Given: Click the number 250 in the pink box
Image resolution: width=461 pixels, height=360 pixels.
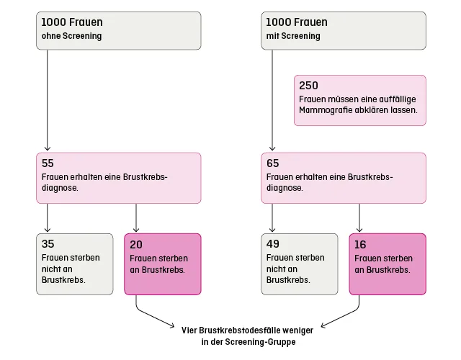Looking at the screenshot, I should tap(308, 86).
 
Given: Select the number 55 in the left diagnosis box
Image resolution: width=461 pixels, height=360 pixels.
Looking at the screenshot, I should tap(48, 163).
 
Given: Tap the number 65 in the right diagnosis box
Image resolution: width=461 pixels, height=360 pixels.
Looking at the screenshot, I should tap(272, 163).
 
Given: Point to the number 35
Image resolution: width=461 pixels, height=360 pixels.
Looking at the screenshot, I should tap(48, 244).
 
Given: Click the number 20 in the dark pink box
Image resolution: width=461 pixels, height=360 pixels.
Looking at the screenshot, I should tap(135, 244).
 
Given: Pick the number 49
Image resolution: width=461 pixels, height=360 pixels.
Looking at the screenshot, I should tap(272, 244).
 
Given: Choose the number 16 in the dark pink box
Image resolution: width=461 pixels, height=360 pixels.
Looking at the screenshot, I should tap(360, 244).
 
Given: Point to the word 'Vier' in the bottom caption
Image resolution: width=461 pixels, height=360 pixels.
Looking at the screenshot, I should tap(189, 329).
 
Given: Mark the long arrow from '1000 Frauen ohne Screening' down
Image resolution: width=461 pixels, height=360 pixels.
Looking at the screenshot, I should tap(48, 101).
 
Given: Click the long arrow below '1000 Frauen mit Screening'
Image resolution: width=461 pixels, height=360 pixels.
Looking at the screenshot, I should tap(272, 101).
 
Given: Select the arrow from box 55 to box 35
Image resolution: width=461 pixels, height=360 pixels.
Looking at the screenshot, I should tap(48, 218).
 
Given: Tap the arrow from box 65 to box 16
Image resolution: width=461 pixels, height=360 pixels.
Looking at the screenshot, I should tap(360, 218).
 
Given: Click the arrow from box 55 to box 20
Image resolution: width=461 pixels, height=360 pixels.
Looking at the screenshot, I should tap(135, 218).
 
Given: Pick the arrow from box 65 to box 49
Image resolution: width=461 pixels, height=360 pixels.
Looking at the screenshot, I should tap(272, 218).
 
